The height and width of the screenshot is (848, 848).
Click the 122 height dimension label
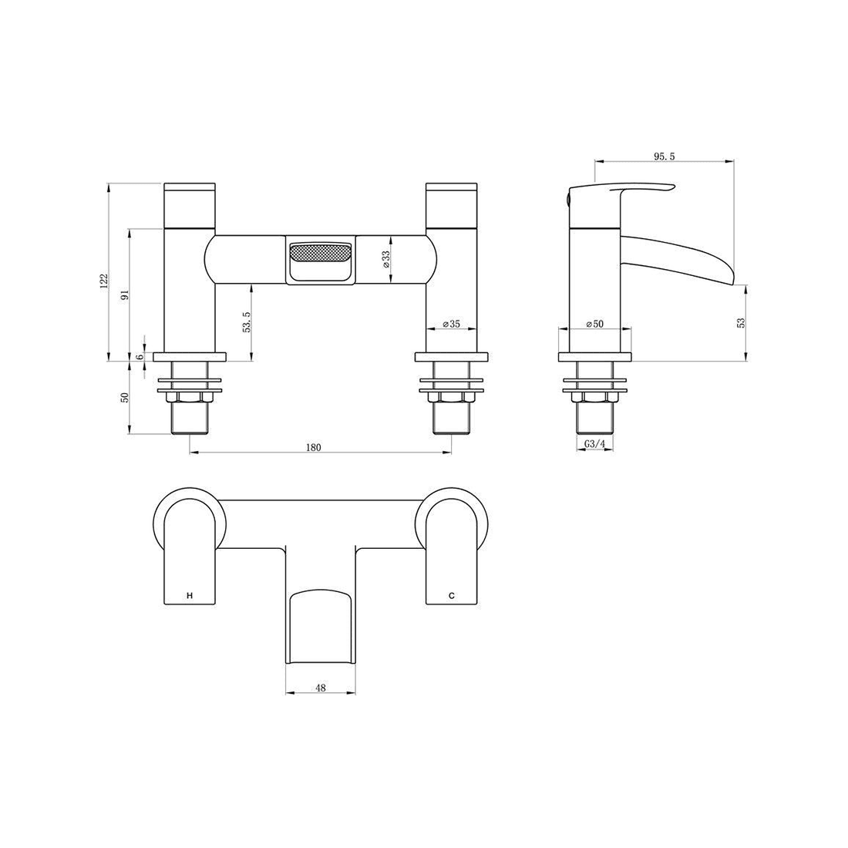(x=105, y=281)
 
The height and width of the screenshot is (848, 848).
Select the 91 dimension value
(x=125, y=294)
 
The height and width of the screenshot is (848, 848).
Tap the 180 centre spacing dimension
(x=314, y=447)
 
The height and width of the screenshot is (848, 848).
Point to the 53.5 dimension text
(x=247, y=321)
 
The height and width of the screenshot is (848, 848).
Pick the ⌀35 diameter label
(x=452, y=324)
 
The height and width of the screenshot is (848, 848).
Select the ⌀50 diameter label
(x=595, y=324)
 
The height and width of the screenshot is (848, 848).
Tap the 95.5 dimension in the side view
(x=665, y=156)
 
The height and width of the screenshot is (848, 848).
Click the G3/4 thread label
(x=595, y=443)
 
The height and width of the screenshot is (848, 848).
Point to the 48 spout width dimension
(x=320, y=688)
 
